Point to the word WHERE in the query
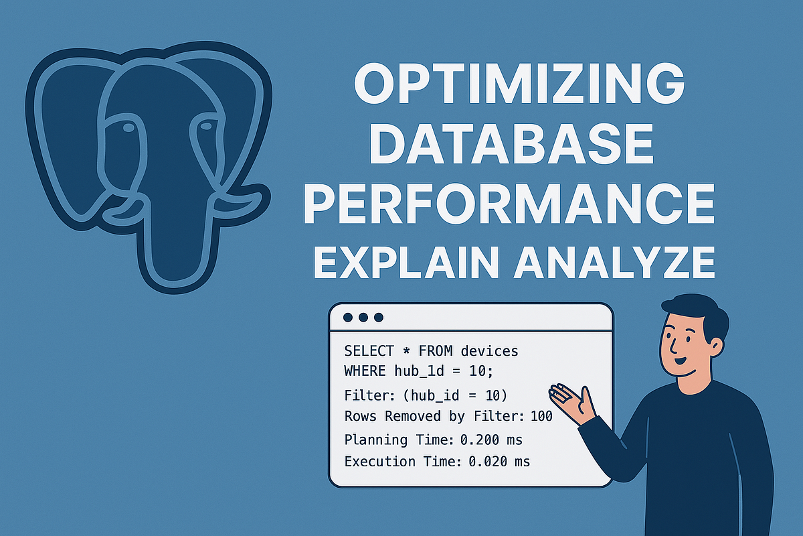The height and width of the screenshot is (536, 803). click(364, 370)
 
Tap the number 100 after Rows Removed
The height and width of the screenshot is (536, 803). click(541, 416)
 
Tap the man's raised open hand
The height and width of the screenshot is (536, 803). click(573, 402)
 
